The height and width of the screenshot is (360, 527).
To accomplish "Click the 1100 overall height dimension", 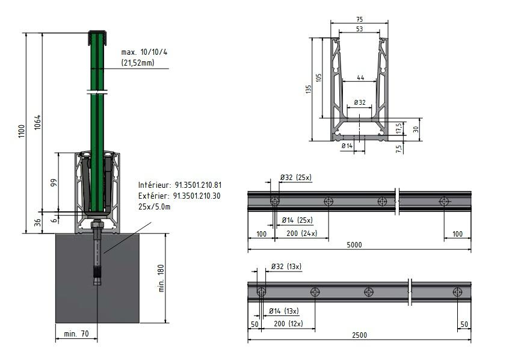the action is tap(22, 131).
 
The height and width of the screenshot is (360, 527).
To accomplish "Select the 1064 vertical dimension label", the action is tap(37, 122).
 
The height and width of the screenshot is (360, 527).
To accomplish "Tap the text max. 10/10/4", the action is tap(144, 52).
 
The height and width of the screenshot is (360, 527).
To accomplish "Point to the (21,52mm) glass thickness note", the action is tap(138, 63).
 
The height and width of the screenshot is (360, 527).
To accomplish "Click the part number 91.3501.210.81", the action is tap(198, 185).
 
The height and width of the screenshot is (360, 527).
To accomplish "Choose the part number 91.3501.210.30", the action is tap(197, 196).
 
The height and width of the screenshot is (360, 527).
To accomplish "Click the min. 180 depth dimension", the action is tap(161, 278).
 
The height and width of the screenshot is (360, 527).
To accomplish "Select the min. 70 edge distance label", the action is tap(76, 334).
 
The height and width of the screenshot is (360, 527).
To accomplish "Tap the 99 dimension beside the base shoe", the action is tap(54, 182).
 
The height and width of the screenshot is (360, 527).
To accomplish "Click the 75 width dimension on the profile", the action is tap(359, 19).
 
